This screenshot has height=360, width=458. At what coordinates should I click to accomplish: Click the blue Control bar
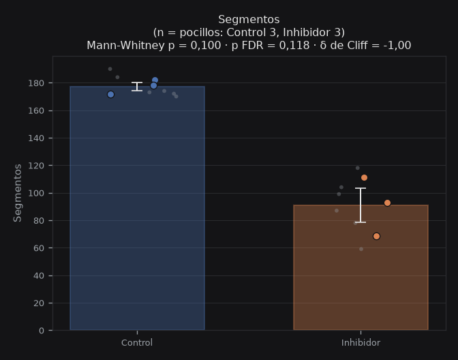(137, 208)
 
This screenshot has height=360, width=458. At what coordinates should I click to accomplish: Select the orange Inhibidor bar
(361, 267)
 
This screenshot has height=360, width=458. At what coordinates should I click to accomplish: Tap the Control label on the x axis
(137, 343)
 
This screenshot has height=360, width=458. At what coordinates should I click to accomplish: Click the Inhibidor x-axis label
(361, 343)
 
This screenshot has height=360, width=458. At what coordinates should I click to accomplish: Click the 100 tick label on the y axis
(36, 193)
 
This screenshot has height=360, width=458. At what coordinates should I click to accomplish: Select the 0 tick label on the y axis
(41, 331)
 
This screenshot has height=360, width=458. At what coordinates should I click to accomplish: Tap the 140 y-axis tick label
(36, 138)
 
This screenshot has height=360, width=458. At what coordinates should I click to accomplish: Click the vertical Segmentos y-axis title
(18, 193)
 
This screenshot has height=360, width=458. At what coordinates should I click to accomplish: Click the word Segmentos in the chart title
(249, 20)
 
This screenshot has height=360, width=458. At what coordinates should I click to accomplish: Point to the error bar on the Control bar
(137, 87)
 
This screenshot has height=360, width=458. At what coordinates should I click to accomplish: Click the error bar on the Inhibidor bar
(361, 205)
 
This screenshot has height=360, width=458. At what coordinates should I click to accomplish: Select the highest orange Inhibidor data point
(364, 178)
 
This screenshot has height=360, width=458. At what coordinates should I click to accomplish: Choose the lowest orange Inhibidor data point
(376, 236)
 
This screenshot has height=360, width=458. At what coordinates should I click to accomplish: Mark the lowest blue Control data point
(110, 94)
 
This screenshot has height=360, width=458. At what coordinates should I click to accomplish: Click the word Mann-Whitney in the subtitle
(125, 46)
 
